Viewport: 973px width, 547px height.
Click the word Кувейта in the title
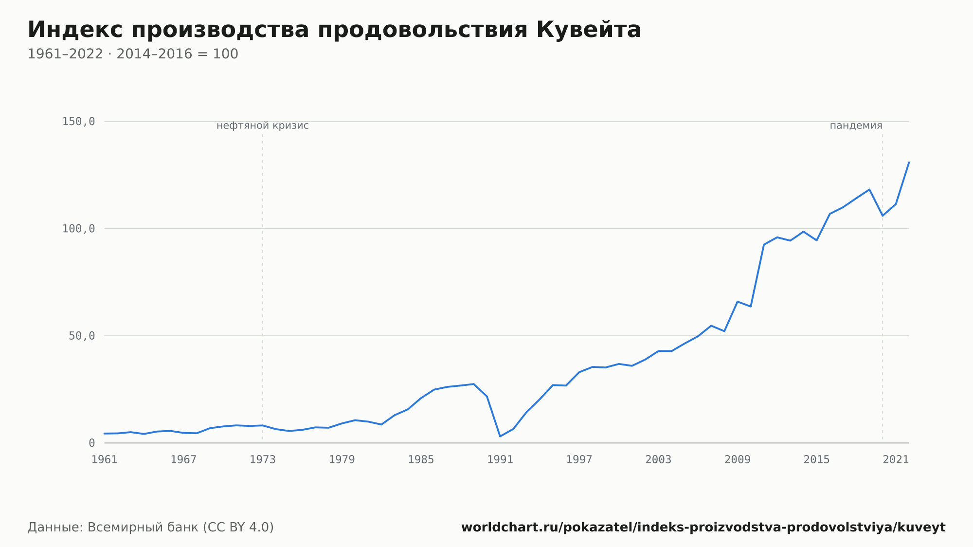coord(589,30)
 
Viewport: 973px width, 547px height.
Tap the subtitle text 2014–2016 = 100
coord(177,54)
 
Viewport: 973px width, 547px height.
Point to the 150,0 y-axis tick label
coord(78,122)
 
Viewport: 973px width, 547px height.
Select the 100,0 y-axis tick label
coord(78,229)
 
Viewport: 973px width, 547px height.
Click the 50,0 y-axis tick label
coord(82,336)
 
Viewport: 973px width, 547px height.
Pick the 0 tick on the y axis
coord(91,443)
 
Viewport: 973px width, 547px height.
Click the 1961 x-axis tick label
coord(105,459)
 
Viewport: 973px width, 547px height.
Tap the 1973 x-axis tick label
coord(263,459)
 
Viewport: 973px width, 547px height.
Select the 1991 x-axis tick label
coord(500,459)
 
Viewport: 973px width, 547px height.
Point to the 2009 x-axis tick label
coord(738,459)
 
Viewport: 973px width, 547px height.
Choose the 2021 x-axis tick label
coord(896,459)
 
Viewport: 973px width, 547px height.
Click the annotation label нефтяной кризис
coord(263,126)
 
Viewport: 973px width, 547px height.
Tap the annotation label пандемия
coord(856,126)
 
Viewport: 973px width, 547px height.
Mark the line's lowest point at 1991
coord(500,436)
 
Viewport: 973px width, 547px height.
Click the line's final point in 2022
coord(909,162)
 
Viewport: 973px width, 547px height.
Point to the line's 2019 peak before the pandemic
coord(869,189)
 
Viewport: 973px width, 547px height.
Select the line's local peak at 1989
coord(473,384)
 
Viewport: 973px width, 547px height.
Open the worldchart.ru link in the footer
coord(703,527)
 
